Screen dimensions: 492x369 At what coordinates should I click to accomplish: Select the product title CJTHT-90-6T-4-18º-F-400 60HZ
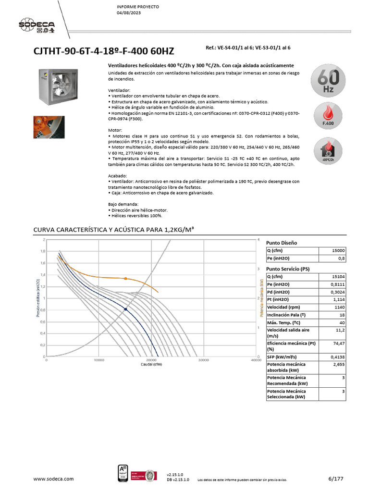click(103, 51)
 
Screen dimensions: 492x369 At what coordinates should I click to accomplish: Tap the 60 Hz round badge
click(328, 81)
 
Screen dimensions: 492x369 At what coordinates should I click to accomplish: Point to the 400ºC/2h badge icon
click(328, 151)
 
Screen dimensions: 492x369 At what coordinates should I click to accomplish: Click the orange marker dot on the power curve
click(126, 278)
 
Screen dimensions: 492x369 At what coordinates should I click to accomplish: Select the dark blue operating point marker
click(126, 309)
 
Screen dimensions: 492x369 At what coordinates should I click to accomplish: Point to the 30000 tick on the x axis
click(203, 360)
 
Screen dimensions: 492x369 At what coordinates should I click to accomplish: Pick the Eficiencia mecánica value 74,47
click(338, 344)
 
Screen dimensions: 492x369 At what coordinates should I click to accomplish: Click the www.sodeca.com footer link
click(53, 479)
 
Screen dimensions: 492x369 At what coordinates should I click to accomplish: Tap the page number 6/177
click(336, 479)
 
